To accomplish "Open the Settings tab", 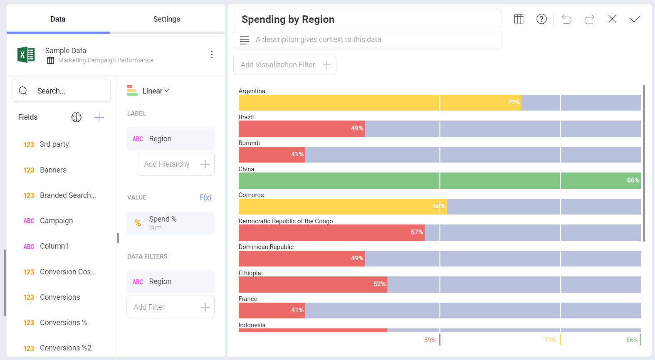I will pos(166,19).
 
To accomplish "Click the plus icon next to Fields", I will pos(99,118).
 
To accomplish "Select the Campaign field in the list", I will pos(56,221).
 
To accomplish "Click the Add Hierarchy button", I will pos(175,164).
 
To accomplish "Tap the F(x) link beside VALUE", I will pos(205,197).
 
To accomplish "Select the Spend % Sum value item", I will pos(170,223).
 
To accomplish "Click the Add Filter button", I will pos(170,307).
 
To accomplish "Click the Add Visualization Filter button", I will pos(284,65).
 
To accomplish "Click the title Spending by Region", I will pos(288,20).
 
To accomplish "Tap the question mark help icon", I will pos(541,19).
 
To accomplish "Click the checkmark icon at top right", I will pos(635,19).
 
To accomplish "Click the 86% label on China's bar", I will pos(633,180).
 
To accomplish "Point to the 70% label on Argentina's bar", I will pos(513,102).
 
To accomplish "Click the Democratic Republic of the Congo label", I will pos(285,221).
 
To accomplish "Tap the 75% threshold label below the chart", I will pos(550,340).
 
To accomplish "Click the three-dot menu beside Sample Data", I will pos(212,55).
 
